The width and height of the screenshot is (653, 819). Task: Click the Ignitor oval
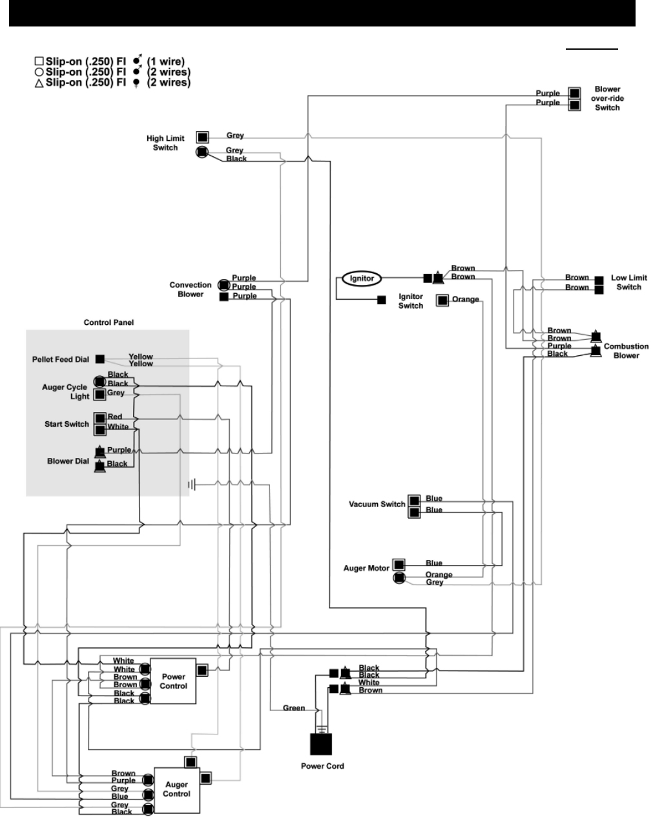pyautogui.click(x=362, y=278)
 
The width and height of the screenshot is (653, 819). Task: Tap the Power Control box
pyautogui.click(x=173, y=681)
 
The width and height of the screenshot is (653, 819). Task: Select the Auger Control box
pyautogui.click(x=176, y=789)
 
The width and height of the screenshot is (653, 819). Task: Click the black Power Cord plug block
pyautogui.click(x=322, y=743)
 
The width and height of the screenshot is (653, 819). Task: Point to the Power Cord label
pyautogui.click(x=322, y=766)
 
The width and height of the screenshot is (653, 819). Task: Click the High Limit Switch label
pyautogui.click(x=165, y=143)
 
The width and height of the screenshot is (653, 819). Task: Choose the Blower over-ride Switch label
pyautogui.click(x=607, y=99)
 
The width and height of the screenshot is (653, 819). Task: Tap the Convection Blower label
pyautogui.click(x=191, y=289)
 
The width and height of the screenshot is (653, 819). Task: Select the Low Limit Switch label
pyautogui.click(x=628, y=282)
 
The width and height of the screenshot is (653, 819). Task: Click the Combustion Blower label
pyautogui.click(x=626, y=351)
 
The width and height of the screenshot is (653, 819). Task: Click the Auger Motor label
pyautogui.click(x=366, y=568)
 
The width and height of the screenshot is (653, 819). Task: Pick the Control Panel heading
pyautogui.click(x=109, y=322)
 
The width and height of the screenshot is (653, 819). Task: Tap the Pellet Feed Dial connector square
pyautogui.click(x=100, y=358)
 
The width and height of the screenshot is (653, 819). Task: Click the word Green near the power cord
pyautogui.click(x=294, y=708)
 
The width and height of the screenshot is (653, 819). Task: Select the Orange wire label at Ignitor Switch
pyautogui.click(x=465, y=300)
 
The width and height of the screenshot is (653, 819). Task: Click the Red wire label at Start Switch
pyautogui.click(x=115, y=417)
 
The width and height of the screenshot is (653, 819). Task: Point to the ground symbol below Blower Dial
pyautogui.click(x=191, y=484)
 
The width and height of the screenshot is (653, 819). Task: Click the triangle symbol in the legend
pyautogui.click(x=39, y=83)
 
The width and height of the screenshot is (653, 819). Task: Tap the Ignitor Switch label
pyautogui.click(x=410, y=301)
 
